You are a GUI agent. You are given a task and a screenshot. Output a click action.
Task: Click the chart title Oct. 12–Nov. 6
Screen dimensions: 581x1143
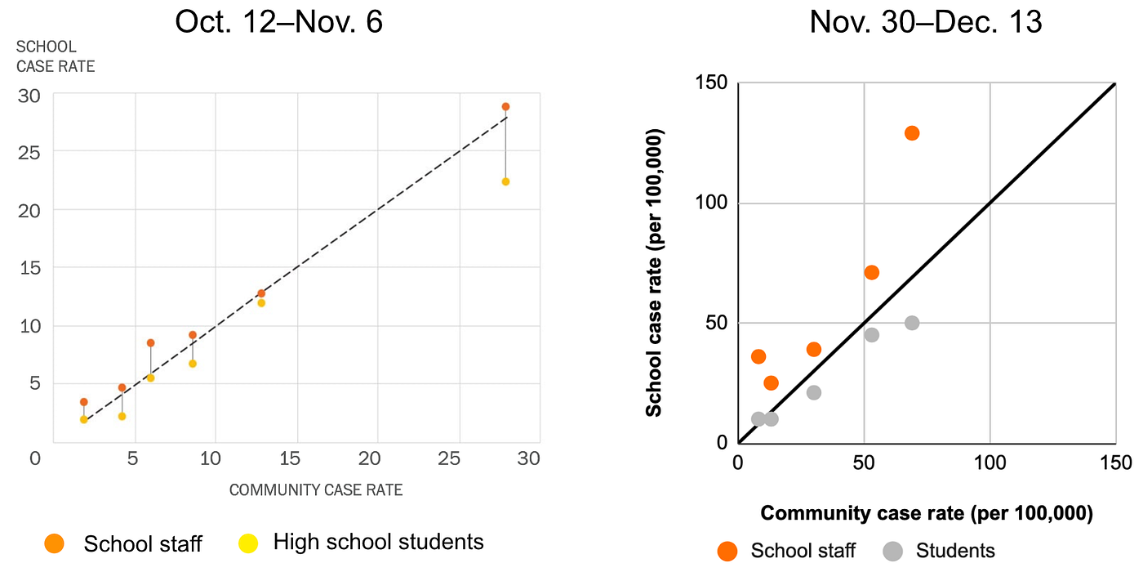click(x=278, y=22)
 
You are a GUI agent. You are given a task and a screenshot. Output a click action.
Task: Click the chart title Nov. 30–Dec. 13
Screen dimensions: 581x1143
click(x=925, y=22)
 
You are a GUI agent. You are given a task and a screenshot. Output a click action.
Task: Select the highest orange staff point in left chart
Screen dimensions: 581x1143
click(x=505, y=106)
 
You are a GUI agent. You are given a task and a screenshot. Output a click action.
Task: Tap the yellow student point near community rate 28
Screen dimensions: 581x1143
click(x=505, y=181)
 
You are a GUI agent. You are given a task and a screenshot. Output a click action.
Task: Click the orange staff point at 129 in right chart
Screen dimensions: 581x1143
click(x=912, y=133)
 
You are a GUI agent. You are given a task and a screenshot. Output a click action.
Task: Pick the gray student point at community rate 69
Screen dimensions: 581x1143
click(x=912, y=323)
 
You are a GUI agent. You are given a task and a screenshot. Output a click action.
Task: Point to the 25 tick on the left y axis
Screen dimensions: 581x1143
click(x=29, y=152)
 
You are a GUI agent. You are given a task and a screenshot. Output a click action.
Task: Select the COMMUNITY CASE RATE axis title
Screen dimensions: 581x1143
click(x=316, y=490)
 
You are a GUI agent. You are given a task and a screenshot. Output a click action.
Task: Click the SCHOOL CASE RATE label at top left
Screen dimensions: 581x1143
click(x=56, y=57)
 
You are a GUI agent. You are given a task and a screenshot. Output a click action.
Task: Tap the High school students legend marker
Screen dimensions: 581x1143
click(x=248, y=543)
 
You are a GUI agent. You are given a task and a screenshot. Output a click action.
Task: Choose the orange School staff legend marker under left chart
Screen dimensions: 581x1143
click(x=55, y=543)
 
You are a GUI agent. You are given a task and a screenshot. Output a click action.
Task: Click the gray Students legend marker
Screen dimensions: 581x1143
click(x=892, y=551)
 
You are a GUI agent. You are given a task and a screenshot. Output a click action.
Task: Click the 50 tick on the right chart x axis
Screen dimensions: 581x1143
click(x=864, y=463)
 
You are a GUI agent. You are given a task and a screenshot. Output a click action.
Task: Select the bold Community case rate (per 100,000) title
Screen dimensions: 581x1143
click(x=927, y=513)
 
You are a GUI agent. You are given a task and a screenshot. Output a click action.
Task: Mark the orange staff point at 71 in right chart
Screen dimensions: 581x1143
click(x=871, y=272)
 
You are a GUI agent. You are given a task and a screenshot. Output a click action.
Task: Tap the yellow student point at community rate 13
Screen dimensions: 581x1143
click(x=261, y=303)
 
